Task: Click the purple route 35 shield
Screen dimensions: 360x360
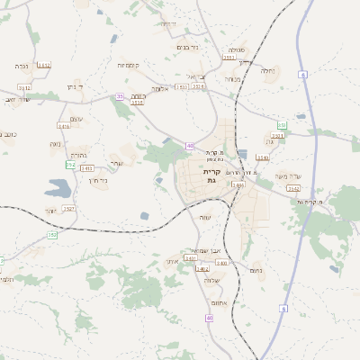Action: pos(120,96)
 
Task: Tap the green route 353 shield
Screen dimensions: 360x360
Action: pos(282,125)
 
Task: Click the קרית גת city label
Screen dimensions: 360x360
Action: pos(211,175)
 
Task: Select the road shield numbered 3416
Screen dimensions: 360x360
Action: pos(64,127)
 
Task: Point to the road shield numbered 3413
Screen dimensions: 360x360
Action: pos(87,168)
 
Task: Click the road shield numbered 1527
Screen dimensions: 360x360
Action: pos(69,209)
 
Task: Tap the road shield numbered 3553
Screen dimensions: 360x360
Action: pos(229,58)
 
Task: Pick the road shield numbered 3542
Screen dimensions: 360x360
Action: pos(293,188)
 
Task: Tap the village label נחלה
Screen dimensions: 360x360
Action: pos(267,70)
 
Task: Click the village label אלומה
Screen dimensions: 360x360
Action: pos(161,88)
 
